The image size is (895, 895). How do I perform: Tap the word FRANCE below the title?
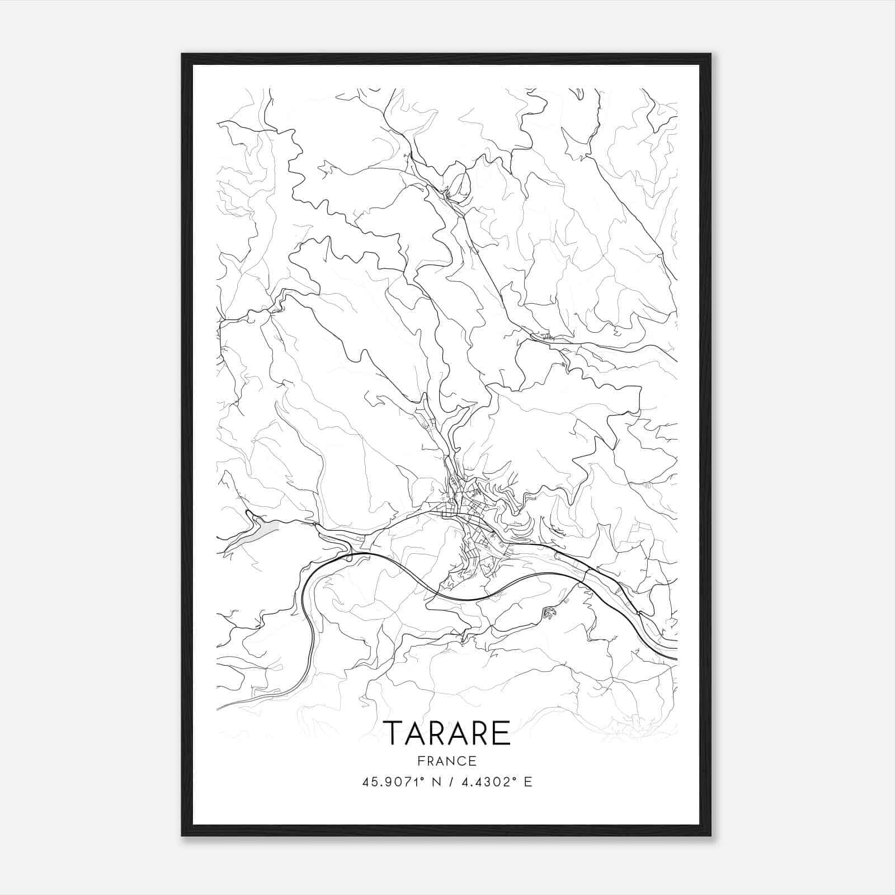point(447,761)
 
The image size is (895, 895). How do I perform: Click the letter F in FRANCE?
point(421,761)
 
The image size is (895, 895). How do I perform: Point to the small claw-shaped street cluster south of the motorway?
point(549,614)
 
